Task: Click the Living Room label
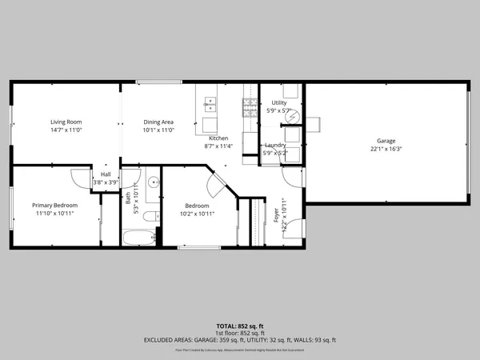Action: (66, 121)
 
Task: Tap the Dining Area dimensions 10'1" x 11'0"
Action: (158, 130)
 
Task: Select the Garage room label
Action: (386, 141)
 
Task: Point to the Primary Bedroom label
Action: (54, 206)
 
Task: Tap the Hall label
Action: (106, 174)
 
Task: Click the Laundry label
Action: (275, 145)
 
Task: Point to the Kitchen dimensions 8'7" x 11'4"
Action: (218, 146)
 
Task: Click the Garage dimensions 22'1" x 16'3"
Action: (386, 149)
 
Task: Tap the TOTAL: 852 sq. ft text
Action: (239, 326)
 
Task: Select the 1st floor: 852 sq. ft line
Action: (239, 334)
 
